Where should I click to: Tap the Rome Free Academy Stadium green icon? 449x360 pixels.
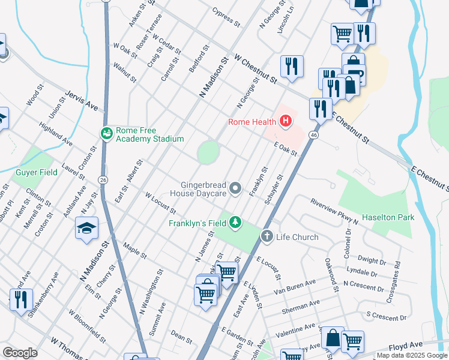click(107, 133)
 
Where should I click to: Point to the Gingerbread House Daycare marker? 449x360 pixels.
click(236, 189)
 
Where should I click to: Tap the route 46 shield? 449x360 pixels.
click(314, 136)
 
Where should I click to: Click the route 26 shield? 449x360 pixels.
click(104, 179)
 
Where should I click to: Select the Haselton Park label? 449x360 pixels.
click(385, 216)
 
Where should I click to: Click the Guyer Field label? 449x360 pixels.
click(36, 172)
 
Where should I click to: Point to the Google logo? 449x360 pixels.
click(20, 352)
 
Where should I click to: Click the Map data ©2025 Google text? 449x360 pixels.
click(412, 355)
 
